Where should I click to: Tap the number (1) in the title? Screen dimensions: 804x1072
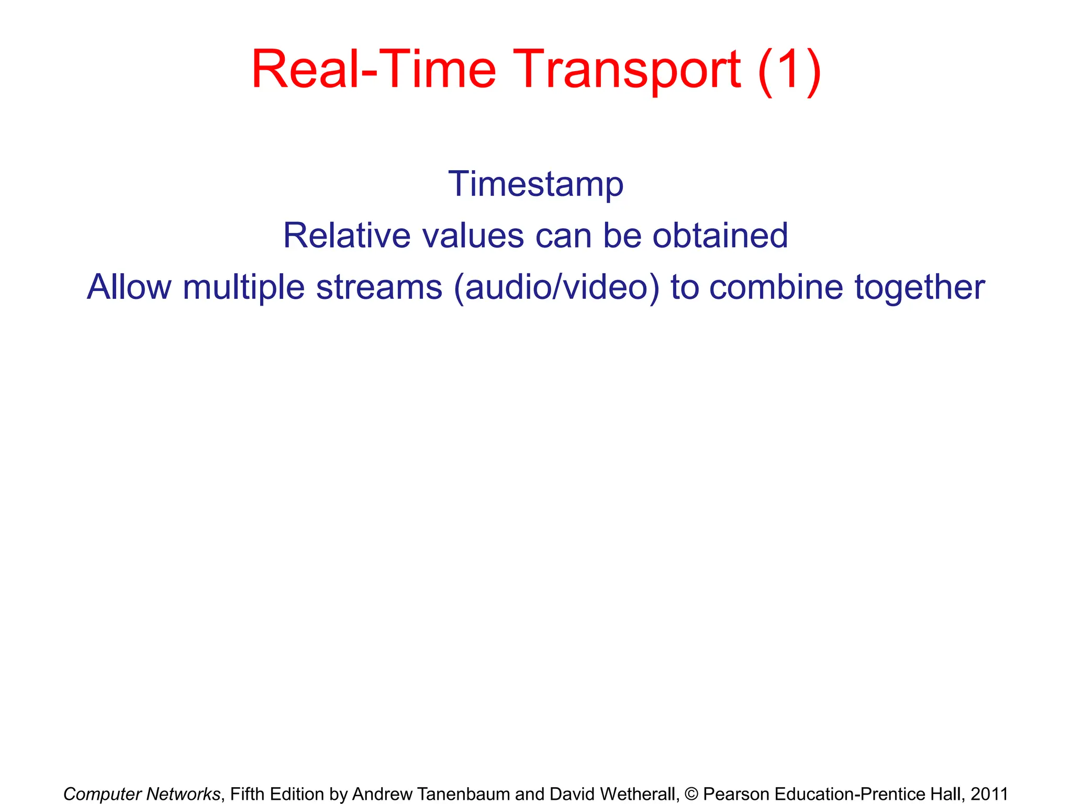coord(789,71)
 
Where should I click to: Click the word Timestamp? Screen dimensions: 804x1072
coord(535,185)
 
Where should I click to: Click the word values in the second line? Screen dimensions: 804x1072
coord(473,236)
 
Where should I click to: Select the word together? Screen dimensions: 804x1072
coord(920,288)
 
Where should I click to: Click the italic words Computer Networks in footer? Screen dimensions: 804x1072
coord(142,794)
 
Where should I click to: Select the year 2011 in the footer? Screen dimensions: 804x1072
coord(989,794)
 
